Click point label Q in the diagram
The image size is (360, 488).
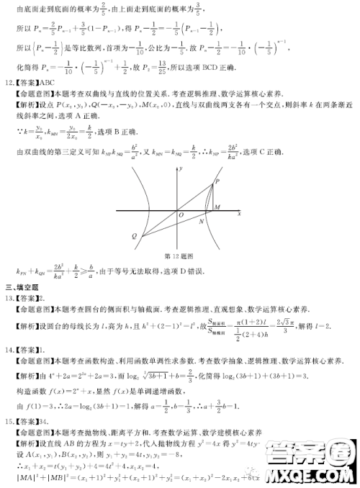pyautogui.click(x=134, y=236)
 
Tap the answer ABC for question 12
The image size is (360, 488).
pyautogui.click(x=48, y=82)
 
